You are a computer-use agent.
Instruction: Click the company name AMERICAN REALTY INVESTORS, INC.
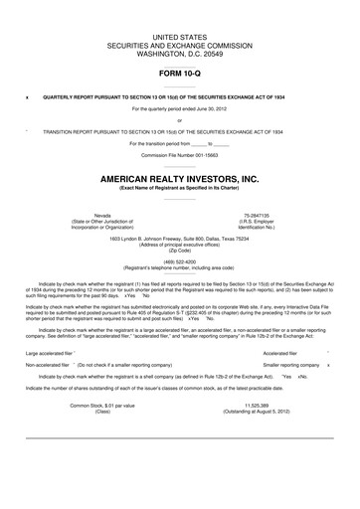(x=180, y=179)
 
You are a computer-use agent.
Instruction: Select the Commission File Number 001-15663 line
(x=180, y=156)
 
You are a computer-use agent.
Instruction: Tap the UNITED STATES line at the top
(x=180, y=36)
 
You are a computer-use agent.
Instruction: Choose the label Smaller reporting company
(x=286, y=365)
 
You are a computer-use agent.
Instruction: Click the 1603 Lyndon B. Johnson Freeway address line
(x=180, y=239)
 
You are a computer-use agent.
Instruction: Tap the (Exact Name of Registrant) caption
(x=180, y=188)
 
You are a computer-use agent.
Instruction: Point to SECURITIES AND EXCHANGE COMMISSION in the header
(x=180, y=45)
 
